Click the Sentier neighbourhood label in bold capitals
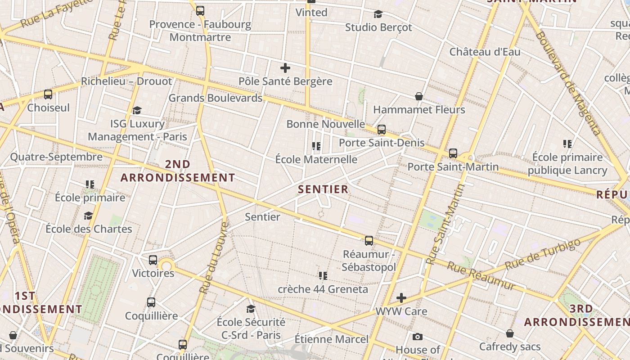pos(323,189)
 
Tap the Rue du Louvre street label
pos(214,257)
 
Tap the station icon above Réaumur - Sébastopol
pos(369,240)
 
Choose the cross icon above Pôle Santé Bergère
pos(285,68)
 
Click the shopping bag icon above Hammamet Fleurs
pos(419,96)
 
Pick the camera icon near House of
pos(417,337)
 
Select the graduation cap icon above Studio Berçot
pos(378,14)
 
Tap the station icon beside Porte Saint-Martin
pos(453,153)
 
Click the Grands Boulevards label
pos(215,98)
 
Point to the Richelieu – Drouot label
pos(126,81)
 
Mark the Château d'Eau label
pos(485,52)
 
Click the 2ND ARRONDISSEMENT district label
pos(178,171)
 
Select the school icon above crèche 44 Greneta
pos(323,275)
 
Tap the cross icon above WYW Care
pos(401,298)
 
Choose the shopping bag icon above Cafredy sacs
pos(509,333)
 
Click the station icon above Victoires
pos(153,260)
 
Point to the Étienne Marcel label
pos(331,339)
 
